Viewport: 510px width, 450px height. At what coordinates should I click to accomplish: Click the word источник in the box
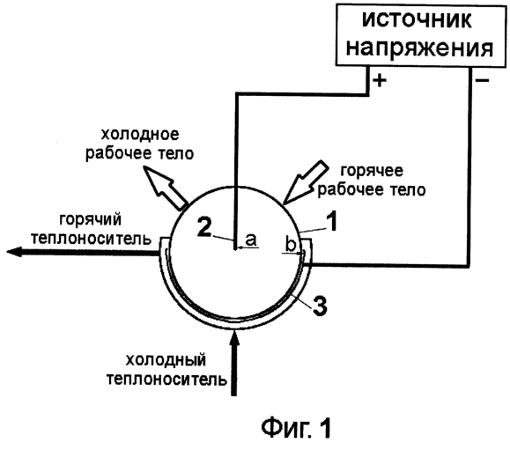417,21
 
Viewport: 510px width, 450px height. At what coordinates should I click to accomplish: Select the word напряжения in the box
419,48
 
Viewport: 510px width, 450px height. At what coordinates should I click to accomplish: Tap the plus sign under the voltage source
380,80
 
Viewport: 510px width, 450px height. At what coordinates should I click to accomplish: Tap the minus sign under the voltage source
482,80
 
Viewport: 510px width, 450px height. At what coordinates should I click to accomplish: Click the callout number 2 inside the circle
204,226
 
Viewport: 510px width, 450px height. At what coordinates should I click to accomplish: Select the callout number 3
320,305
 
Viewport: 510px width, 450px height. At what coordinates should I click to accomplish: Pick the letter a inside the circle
251,240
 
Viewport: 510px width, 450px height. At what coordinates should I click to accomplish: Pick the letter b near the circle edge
291,245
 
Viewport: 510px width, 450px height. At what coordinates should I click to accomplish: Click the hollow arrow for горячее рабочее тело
307,182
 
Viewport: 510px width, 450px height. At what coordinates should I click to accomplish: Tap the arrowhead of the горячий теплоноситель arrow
14,252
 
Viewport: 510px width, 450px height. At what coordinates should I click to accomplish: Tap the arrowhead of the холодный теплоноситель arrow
234,337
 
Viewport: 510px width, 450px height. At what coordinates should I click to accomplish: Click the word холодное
140,134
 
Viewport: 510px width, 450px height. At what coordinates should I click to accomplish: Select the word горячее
372,171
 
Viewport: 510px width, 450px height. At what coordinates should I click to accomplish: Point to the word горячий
91,220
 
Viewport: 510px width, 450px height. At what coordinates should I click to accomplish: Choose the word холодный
166,360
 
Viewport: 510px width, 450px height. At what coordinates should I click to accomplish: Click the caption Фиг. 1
296,428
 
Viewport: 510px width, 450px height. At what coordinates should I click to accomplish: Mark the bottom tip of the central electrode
235,250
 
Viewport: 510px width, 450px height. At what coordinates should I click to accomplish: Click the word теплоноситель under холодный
166,380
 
